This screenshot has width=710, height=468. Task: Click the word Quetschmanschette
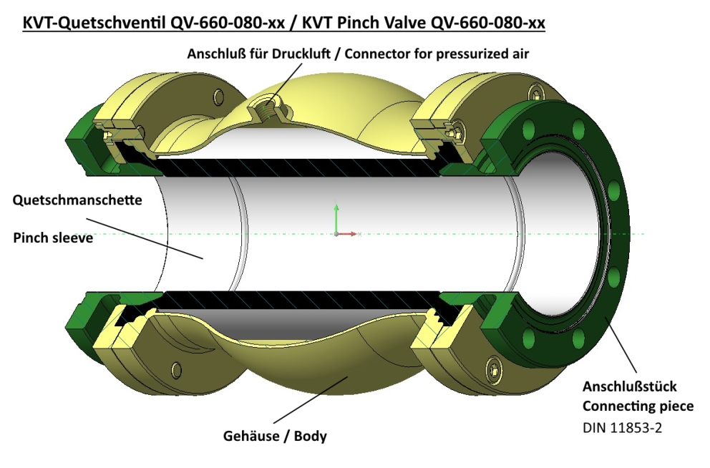[77, 201]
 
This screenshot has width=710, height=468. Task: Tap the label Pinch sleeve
[53, 238]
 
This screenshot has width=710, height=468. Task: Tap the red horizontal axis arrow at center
[348, 233]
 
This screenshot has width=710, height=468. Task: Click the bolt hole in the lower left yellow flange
[175, 370]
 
